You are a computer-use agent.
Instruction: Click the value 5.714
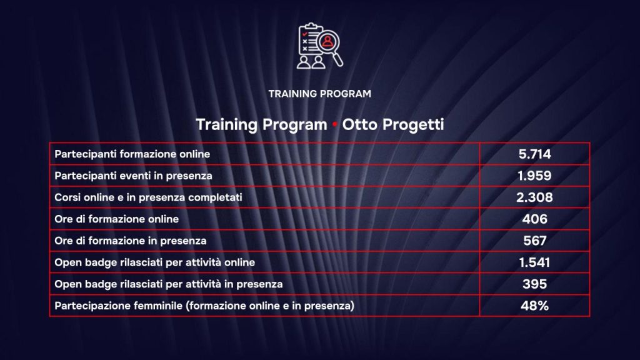click(x=534, y=154)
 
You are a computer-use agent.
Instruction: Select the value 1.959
click(x=534, y=176)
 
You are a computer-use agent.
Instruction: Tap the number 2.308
click(x=534, y=197)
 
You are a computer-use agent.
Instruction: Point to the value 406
click(x=534, y=219)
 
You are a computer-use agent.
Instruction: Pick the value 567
click(x=534, y=241)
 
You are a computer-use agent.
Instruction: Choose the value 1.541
click(x=534, y=262)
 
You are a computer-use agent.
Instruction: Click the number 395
click(x=534, y=284)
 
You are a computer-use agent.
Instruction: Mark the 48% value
click(x=534, y=306)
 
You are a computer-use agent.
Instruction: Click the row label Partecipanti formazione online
click(x=132, y=154)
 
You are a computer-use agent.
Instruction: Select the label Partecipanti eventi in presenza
click(x=133, y=176)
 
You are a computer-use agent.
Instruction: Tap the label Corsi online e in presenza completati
click(x=149, y=197)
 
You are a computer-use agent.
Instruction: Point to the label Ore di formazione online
click(x=117, y=219)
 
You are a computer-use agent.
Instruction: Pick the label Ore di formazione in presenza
click(x=131, y=241)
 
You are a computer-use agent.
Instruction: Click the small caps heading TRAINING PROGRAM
click(x=319, y=94)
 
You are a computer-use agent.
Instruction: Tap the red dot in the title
click(x=335, y=125)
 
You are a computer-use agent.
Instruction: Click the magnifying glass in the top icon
click(x=329, y=45)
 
